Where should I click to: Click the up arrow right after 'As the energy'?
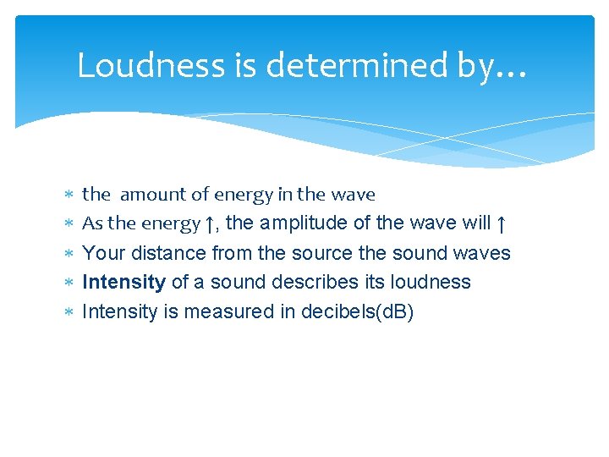coord(209,224)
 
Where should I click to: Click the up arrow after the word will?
coord(501,224)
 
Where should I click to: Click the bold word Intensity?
coord(123,282)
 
